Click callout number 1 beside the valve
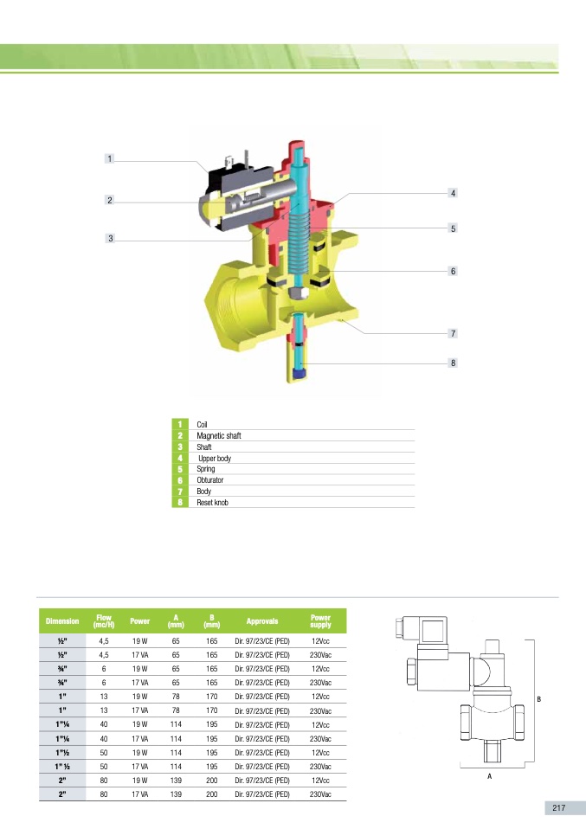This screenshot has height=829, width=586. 110,159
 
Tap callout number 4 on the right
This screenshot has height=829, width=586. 452,192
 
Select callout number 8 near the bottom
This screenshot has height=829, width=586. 452,363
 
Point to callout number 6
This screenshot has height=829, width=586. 452,271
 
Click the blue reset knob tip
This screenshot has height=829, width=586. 300,375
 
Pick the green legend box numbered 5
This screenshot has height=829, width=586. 180,469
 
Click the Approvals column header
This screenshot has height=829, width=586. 261,621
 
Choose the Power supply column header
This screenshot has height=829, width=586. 320,621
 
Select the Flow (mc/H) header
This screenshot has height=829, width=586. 104,621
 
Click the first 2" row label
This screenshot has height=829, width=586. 62,781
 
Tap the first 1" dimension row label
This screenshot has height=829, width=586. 62,696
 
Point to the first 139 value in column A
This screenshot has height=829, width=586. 176,781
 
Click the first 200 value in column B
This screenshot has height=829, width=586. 211,781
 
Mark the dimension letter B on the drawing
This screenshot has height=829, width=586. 539,698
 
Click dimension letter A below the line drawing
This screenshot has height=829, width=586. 489,776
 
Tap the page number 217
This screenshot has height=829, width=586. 558,807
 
